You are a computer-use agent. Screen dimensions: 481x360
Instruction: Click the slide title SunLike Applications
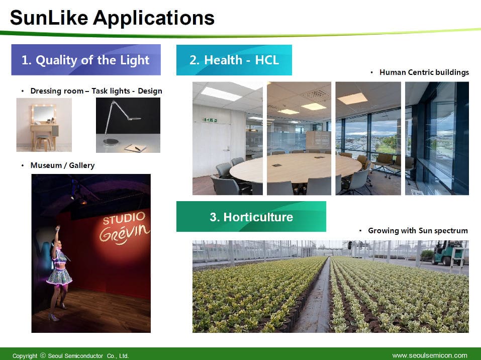[112, 18]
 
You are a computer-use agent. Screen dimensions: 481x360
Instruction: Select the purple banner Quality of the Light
[86, 60]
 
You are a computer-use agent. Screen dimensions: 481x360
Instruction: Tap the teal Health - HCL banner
[234, 60]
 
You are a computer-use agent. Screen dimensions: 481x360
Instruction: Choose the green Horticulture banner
[251, 217]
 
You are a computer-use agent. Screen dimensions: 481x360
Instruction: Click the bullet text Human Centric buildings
[424, 72]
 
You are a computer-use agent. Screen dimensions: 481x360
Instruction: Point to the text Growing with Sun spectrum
[418, 230]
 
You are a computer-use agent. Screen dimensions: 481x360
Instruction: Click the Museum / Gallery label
[62, 165]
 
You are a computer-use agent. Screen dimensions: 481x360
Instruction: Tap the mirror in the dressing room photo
[44, 114]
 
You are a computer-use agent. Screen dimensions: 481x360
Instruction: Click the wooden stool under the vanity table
[43, 143]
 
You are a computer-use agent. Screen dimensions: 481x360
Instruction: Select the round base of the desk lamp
[111, 142]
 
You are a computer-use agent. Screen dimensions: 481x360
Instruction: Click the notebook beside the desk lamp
[135, 148]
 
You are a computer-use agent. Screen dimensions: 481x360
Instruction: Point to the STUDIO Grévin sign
[124, 228]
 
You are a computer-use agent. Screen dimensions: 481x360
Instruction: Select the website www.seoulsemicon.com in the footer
[430, 355]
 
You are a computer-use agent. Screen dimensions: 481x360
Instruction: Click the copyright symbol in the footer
[43, 355]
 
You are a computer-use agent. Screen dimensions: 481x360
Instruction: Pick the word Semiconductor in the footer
[84, 355]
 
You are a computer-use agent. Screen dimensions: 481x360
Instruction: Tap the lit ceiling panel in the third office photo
[352, 99]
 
